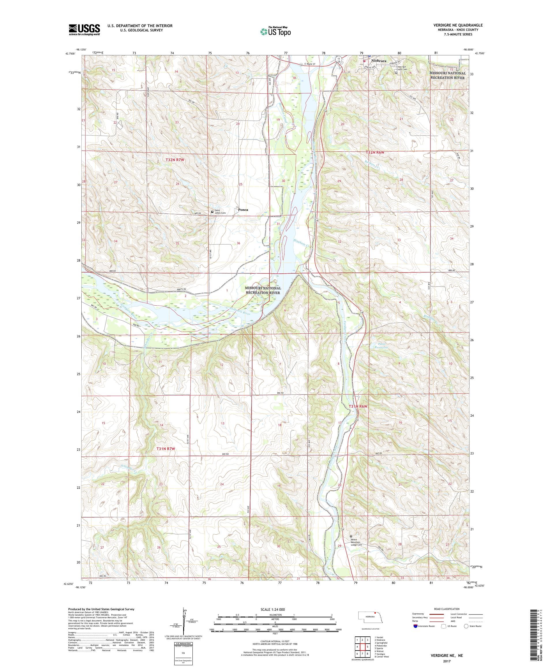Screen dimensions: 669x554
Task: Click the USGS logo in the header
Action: pos(84,30)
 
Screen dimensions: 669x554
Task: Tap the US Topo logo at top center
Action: pos(276,31)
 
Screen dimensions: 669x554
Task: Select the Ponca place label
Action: pos(243,210)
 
